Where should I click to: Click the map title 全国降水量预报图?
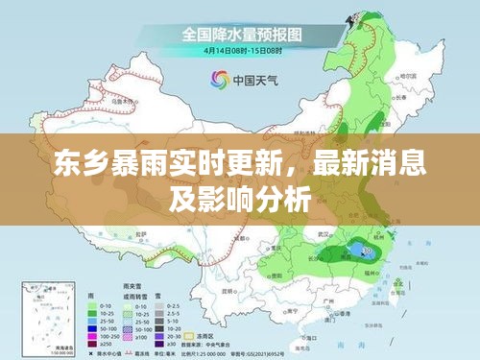click(241, 34)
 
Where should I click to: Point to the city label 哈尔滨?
click(408, 75)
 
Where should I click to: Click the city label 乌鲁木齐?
click(122, 99)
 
